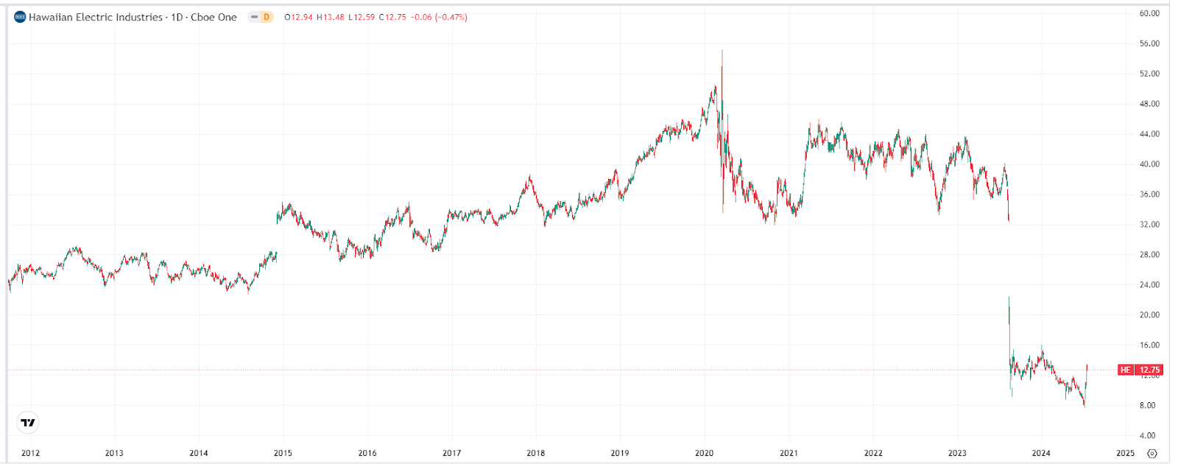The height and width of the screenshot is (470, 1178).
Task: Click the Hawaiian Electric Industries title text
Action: [96, 17]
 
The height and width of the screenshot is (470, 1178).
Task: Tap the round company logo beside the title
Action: [20, 17]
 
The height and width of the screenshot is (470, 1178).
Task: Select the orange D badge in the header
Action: [266, 17]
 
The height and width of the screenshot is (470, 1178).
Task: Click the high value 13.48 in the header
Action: [331, 17]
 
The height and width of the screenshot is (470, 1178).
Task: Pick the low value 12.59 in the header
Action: [361, 17]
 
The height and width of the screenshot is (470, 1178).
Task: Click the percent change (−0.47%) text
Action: [451, 17]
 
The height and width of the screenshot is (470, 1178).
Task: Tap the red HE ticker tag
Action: [1125, 370]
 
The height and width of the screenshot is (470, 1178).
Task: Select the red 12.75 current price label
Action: [1149, 370]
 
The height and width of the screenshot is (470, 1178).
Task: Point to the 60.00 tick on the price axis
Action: [1149, 13]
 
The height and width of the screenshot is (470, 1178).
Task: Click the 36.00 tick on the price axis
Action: [1149, 194]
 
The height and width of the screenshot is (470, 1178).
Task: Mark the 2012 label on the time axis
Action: [30, 453]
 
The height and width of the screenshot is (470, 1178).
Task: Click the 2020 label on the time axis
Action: [704, 453]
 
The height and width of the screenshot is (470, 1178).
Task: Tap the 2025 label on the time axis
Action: [1125, 453]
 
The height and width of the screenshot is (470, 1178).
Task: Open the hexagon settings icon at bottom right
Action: [1152, 453]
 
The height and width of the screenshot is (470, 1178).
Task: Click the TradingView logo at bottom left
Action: [27, 422]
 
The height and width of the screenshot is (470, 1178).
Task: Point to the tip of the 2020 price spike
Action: [722, 51]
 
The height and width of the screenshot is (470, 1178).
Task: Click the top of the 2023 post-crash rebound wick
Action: [1009, 297]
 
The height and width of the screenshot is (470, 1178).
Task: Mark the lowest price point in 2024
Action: [1084, 406]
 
